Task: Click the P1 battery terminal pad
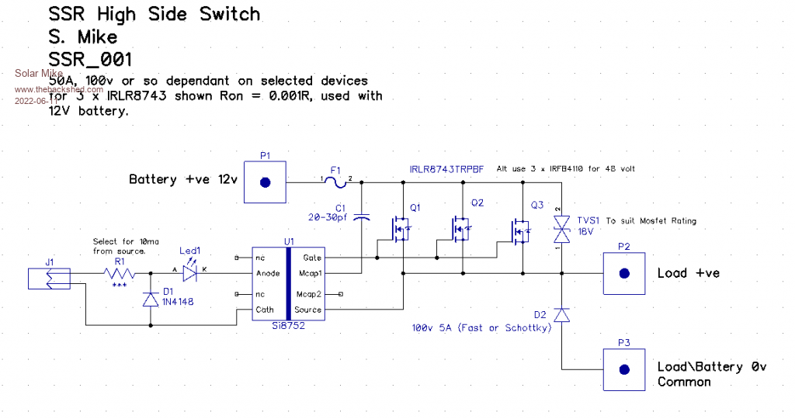tap(266, 182)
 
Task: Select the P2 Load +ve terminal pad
tap(624, 273)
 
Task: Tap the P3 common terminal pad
tap(624, 371)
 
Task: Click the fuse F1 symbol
tap(335, 182)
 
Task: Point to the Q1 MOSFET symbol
tap(400, 228)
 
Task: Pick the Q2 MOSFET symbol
tap(459, 228)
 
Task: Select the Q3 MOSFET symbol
tap(519, 230)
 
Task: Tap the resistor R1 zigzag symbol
tap(120, 273)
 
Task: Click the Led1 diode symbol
tap(189, 273)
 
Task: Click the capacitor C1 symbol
tap(361, 219)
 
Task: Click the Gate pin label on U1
tap(312, 257)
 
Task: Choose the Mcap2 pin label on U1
tap(309, 294)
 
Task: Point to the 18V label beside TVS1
tap(586, 231)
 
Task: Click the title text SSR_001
tap(90, 59)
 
